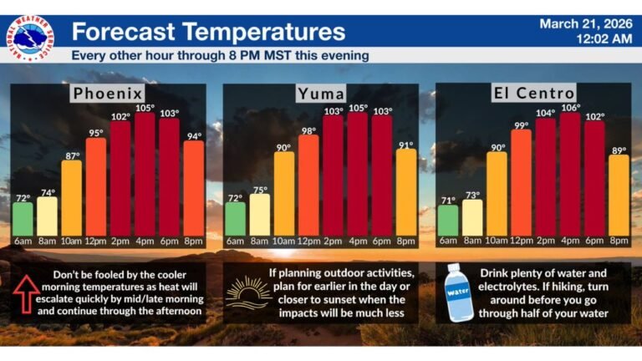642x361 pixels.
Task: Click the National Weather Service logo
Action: point(32,38)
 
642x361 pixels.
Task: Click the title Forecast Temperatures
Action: point(208,32)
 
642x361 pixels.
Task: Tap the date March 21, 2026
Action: point(584,23)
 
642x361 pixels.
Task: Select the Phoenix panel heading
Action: point(107,93)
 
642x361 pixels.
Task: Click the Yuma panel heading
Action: point(321,94)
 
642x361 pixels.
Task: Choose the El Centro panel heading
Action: point(535,93)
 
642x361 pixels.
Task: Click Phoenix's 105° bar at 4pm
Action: point(145,175)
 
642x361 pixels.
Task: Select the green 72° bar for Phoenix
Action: point(23,219)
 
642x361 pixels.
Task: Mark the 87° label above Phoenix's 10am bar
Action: point(71,155)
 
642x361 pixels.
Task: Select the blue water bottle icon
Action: point(460,293)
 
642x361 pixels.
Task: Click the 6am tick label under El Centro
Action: point(449,242)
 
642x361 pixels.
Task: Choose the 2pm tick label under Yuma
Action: point(334,242)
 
